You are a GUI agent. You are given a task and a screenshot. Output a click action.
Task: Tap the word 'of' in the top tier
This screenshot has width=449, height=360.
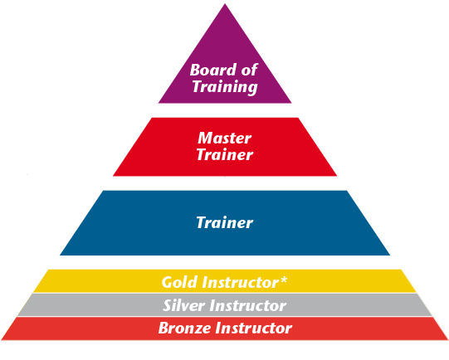249,70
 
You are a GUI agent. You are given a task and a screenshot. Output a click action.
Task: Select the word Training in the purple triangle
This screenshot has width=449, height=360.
225,87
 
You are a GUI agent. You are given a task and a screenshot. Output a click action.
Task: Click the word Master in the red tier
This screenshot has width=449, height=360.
225,138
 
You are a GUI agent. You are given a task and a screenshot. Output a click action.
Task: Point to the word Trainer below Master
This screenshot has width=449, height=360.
225,154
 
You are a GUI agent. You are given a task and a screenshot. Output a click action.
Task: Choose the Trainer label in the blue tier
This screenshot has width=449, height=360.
225,222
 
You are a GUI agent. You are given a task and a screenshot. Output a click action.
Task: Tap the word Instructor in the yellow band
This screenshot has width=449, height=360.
242,282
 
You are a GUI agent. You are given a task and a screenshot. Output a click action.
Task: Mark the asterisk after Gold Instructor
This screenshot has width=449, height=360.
283,280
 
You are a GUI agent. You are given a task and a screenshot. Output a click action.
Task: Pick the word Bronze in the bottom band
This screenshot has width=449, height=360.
185,328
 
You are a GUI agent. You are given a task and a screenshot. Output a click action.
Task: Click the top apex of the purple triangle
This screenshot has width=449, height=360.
225,3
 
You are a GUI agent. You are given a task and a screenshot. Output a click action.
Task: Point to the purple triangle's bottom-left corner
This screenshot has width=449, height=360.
159,103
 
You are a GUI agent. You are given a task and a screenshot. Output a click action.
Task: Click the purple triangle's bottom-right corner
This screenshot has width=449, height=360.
291,103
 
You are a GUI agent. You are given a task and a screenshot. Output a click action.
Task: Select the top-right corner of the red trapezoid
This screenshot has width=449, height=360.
299,118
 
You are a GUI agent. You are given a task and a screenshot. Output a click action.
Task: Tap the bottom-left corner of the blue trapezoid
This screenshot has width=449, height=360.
60,255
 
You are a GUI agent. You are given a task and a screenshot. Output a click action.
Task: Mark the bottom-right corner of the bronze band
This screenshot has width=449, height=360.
448,340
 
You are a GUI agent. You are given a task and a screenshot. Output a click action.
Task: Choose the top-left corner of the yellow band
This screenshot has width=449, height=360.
48,270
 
